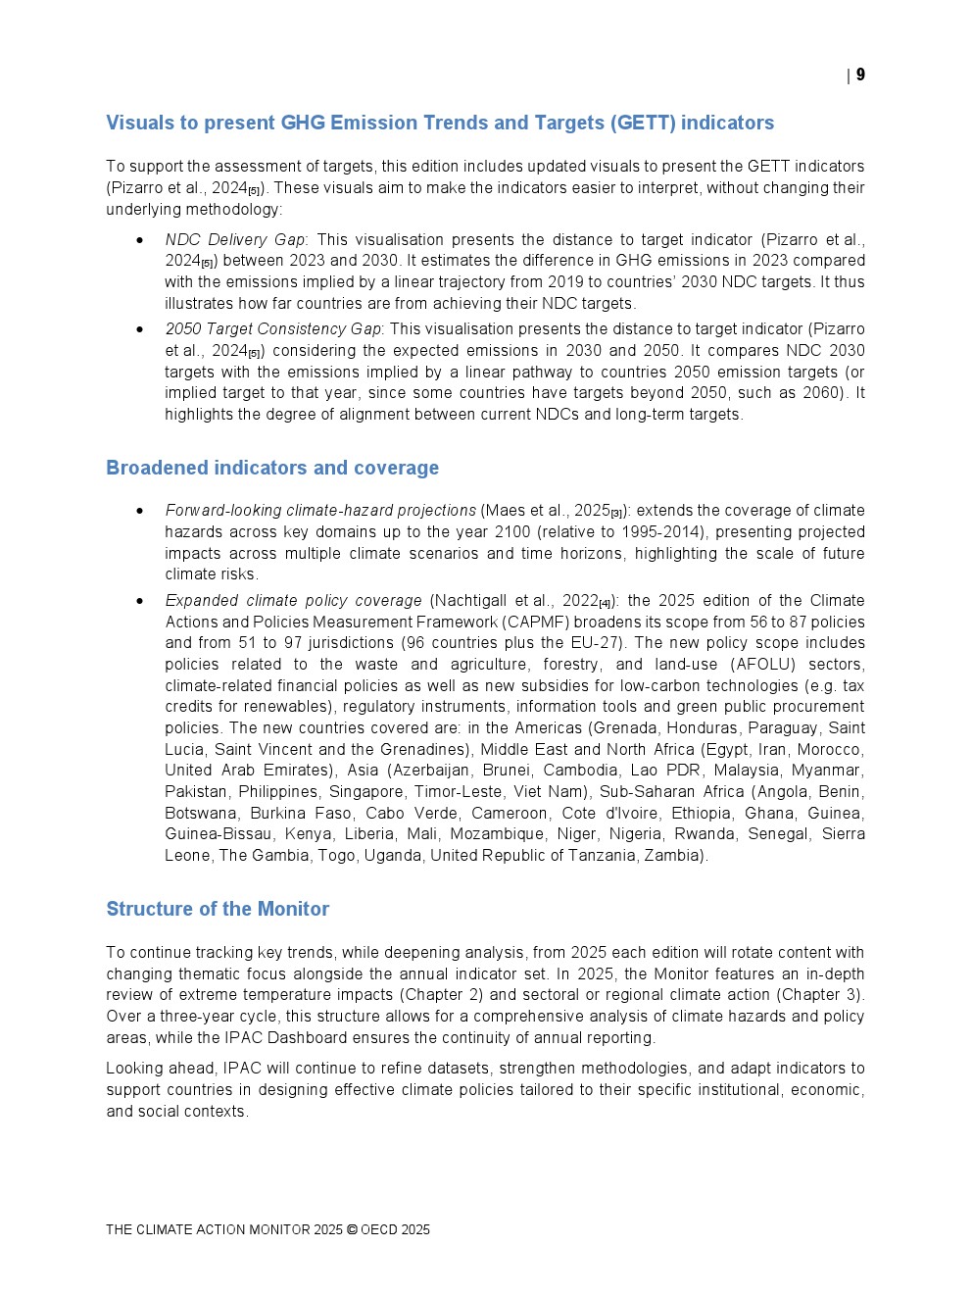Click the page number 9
(860, 75)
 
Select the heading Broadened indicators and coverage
(272, 468)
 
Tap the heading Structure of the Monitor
(218, 909)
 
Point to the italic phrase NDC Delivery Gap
(235, 239)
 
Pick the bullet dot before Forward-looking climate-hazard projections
(140, 511)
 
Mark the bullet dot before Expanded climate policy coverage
(140, 601)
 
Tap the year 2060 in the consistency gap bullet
(820, 392)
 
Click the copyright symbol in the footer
(352, 1229)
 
